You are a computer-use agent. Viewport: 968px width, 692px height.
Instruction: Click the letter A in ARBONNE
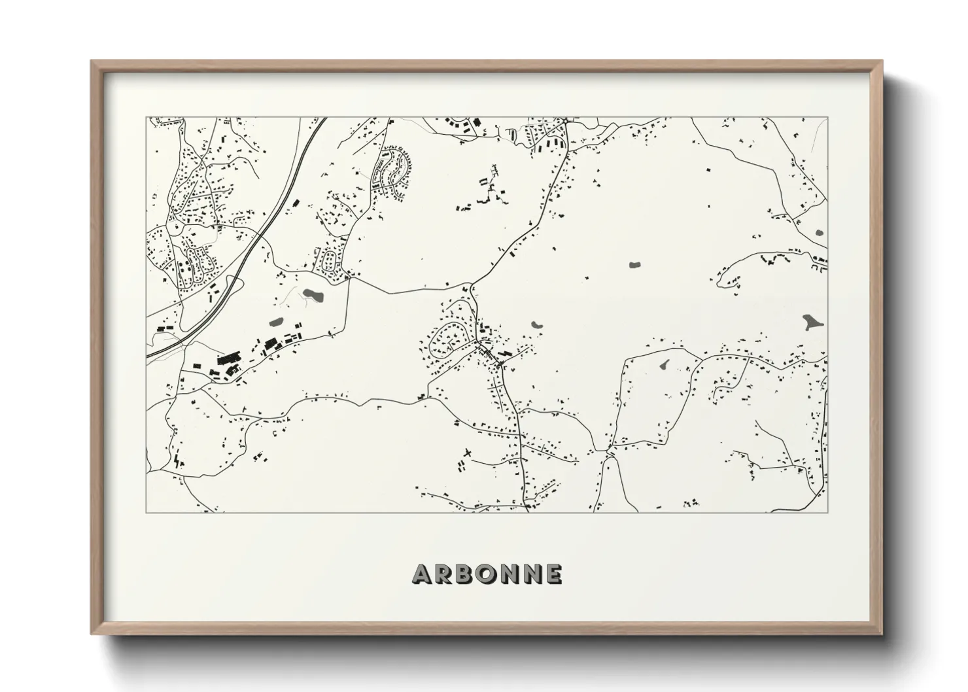(x=421, y=574)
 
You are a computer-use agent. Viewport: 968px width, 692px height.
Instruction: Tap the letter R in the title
(x=442, y=574)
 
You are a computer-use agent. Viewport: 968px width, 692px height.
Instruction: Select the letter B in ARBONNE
(x=462, y=574)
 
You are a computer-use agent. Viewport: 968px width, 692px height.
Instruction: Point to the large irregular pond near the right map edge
(x=812, y=322)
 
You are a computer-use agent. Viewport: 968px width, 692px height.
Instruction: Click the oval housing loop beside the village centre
(x=447, y=339)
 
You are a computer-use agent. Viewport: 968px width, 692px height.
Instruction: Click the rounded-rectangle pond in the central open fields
(x=633, y=265)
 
